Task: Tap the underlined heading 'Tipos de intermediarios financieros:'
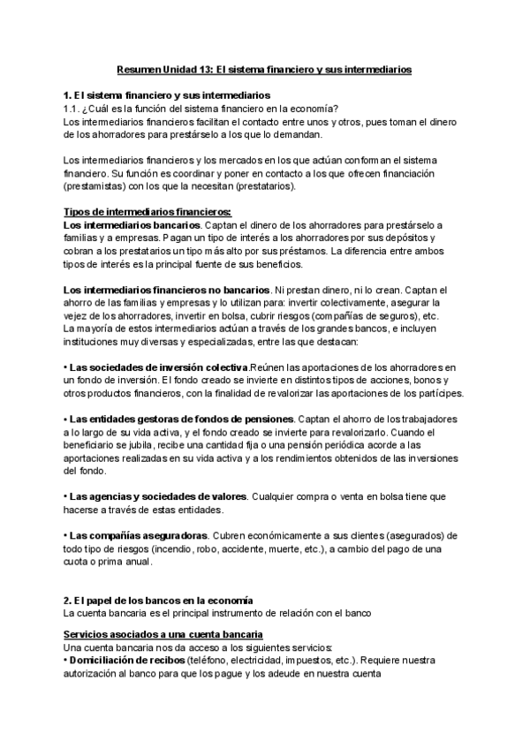[x=148, y=211]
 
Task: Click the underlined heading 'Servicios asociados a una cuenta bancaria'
[x=163, y=635]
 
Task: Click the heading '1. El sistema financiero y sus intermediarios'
[x=168, y=95]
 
